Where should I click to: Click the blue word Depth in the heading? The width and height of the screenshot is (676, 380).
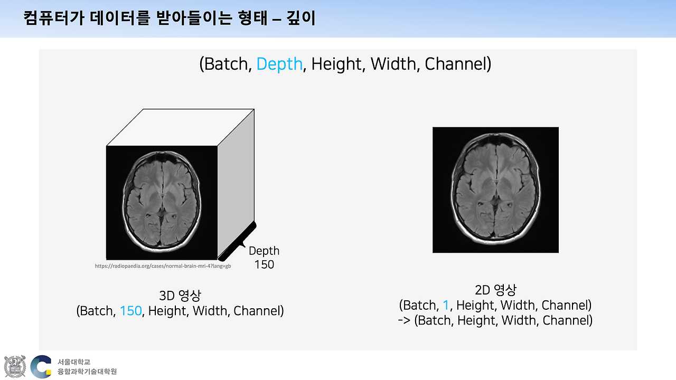[x=279, y=64]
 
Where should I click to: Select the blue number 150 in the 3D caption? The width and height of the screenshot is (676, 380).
[x=130, y=311]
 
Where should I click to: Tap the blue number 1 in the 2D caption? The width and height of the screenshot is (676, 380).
[x=445, y=305]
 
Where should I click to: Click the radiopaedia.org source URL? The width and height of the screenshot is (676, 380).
[x=163, y=267]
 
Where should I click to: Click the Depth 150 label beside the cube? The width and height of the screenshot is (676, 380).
[x=264, y=258]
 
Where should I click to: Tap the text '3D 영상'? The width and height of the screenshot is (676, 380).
[x=180, y=295]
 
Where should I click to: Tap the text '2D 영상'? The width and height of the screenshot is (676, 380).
[x=495, y=290]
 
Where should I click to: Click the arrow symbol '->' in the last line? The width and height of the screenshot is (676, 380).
[x=405, y=320]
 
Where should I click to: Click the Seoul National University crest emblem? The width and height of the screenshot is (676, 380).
[x=14, y=366]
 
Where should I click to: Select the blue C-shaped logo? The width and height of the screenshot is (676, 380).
[x=41, y=366]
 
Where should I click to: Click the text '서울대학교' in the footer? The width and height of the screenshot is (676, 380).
[x=74, y=362]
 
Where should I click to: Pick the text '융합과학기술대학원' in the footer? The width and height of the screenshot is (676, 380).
[x=87, y=372]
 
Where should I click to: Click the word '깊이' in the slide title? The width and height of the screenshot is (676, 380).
[x=302, y=19]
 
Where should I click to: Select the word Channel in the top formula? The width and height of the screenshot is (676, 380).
[x=457, y=64]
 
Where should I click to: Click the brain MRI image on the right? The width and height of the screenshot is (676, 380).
[x=495, y=190]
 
